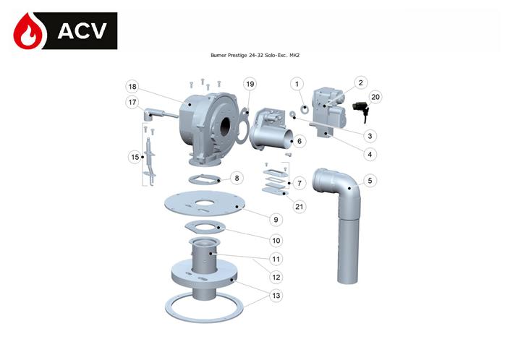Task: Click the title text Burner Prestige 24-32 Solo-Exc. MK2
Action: point(255,56)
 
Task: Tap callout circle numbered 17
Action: point(132,103)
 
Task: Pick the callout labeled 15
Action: point(134,156)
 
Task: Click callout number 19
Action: point(250,85)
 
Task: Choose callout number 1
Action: point(297,85)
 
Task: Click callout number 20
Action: point(375,96)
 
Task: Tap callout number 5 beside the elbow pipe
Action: point(370,181)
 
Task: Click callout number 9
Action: point(276,219)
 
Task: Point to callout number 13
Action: point(276,295)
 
